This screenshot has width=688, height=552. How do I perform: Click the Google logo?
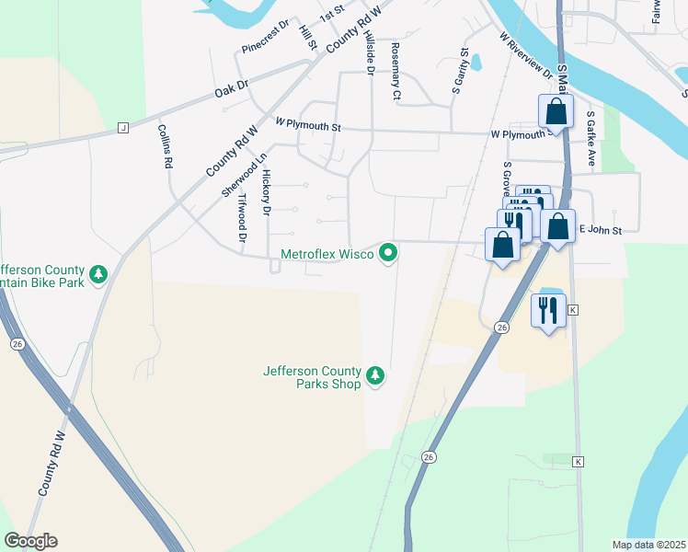click(x=30, y=541)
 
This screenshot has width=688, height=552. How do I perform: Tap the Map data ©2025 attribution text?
click(x=648, y=545)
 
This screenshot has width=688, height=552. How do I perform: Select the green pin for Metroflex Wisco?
click(x=389, y=251)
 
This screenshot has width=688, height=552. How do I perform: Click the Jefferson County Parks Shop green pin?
click(x=374, y=375)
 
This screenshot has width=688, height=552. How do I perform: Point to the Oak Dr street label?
click(x=232, y=89)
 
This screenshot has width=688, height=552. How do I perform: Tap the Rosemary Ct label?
click(x=396, y=71)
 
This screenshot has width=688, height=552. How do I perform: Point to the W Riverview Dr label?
click(x=526, y=57)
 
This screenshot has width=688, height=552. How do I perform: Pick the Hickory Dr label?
click(x=267, y=191)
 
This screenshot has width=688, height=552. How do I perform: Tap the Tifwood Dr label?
click(x=243, y=218)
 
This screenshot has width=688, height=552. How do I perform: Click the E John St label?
click(x=600, y=229)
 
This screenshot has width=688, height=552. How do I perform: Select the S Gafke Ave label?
click(x=591, y=132)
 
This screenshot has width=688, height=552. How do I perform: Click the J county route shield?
click(x=122, y=128)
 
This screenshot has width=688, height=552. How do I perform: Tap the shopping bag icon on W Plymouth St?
click(x=556, y=112)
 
